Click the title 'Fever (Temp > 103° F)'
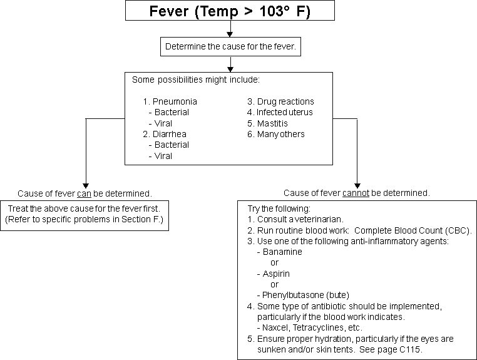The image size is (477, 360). pos(230,11)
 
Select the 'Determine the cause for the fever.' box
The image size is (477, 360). pos(230,46)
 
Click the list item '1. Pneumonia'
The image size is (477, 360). pos(170,101)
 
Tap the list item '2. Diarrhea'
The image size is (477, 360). pos(165,134)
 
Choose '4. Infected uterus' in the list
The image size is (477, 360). pos(280,112)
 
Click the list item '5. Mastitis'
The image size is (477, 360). pos(267,123)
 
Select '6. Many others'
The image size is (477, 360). pos(276,134)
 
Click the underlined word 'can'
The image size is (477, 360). pos(85,194)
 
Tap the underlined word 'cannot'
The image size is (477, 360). pos(356,193)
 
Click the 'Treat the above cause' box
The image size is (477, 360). pos(85,215)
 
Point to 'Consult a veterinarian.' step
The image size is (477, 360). pos(295,219)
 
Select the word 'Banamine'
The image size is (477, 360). pos(282,252)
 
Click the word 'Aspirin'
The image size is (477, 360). pos(276,274)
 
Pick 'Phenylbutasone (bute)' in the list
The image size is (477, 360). pos(305,295)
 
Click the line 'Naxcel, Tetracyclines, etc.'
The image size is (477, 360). pos(312,327)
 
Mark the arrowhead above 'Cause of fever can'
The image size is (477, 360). pos(86,185)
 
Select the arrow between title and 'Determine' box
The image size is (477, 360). pos(230,29)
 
